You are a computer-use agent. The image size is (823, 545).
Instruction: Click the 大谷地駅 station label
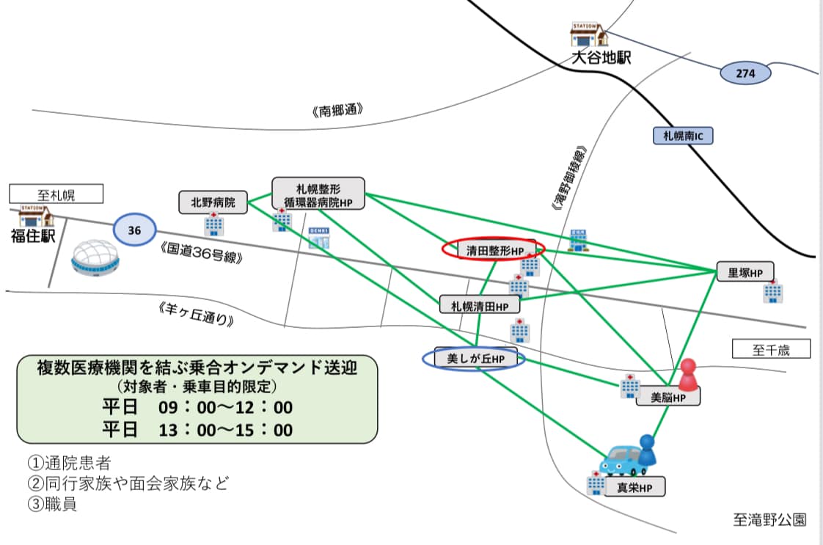(601, 58)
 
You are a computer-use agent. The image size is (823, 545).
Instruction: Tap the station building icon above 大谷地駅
(589, 35)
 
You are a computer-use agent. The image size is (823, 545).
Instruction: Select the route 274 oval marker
(745, 73)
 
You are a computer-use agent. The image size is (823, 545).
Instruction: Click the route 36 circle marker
(134, 230)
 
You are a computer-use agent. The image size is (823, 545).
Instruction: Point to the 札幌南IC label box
(682, 136)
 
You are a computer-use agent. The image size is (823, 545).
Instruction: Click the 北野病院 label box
(213, 202)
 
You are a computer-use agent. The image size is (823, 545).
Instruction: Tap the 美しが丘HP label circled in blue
(475, 359)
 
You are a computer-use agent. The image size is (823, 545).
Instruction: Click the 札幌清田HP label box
(480, 304)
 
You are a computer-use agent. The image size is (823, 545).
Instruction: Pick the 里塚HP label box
(745, 272)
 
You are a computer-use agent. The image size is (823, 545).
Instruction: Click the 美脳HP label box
(667, 397)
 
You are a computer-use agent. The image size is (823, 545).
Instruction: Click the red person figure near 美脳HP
(687, 375)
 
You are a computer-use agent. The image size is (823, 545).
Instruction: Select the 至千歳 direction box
(771, 349)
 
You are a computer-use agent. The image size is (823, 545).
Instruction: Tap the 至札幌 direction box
(56, 194)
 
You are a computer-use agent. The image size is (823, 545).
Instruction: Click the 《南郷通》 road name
(337, 111)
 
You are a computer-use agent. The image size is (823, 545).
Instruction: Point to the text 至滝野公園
(769, 519)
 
